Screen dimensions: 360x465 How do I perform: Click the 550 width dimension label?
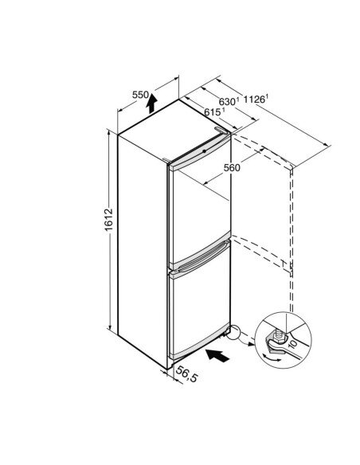click(140, 95)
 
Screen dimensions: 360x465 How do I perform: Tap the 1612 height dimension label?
click(109, 220)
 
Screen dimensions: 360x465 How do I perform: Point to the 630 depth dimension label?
click(229, 101)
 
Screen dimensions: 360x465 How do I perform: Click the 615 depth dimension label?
click(213, 111)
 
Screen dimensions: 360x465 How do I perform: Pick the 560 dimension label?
click(232, 168)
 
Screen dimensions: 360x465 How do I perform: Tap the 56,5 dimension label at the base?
click(186, 374)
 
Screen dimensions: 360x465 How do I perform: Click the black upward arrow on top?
click(151, 104)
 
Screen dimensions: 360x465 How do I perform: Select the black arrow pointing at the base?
click(217, 355)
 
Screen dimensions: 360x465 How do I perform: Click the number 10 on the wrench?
click(292, 344)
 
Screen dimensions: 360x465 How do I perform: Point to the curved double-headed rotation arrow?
click(272, 358)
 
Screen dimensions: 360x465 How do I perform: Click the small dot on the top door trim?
click(205, 151)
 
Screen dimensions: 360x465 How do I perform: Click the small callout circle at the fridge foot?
click(233, 332)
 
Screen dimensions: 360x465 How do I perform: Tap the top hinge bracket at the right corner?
click(221, 131)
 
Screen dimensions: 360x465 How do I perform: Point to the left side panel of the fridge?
click(143, 251)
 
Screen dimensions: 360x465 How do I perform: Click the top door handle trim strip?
click(199, 153)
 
